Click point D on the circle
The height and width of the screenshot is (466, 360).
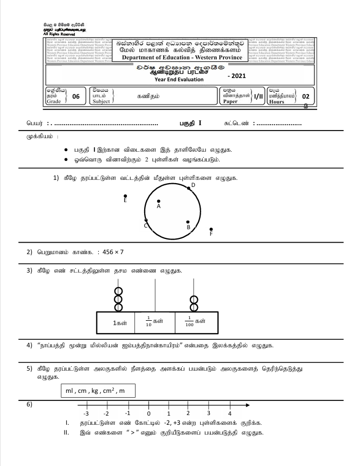188,189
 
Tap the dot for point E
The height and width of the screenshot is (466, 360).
125,196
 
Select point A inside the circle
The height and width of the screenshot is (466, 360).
158,201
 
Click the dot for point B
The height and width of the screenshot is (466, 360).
188,222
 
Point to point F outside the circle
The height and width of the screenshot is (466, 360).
211,229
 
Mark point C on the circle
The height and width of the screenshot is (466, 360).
146,220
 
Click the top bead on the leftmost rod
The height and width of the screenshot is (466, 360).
117,290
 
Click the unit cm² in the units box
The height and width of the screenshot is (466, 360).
114,392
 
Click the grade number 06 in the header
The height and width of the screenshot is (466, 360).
75,96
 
